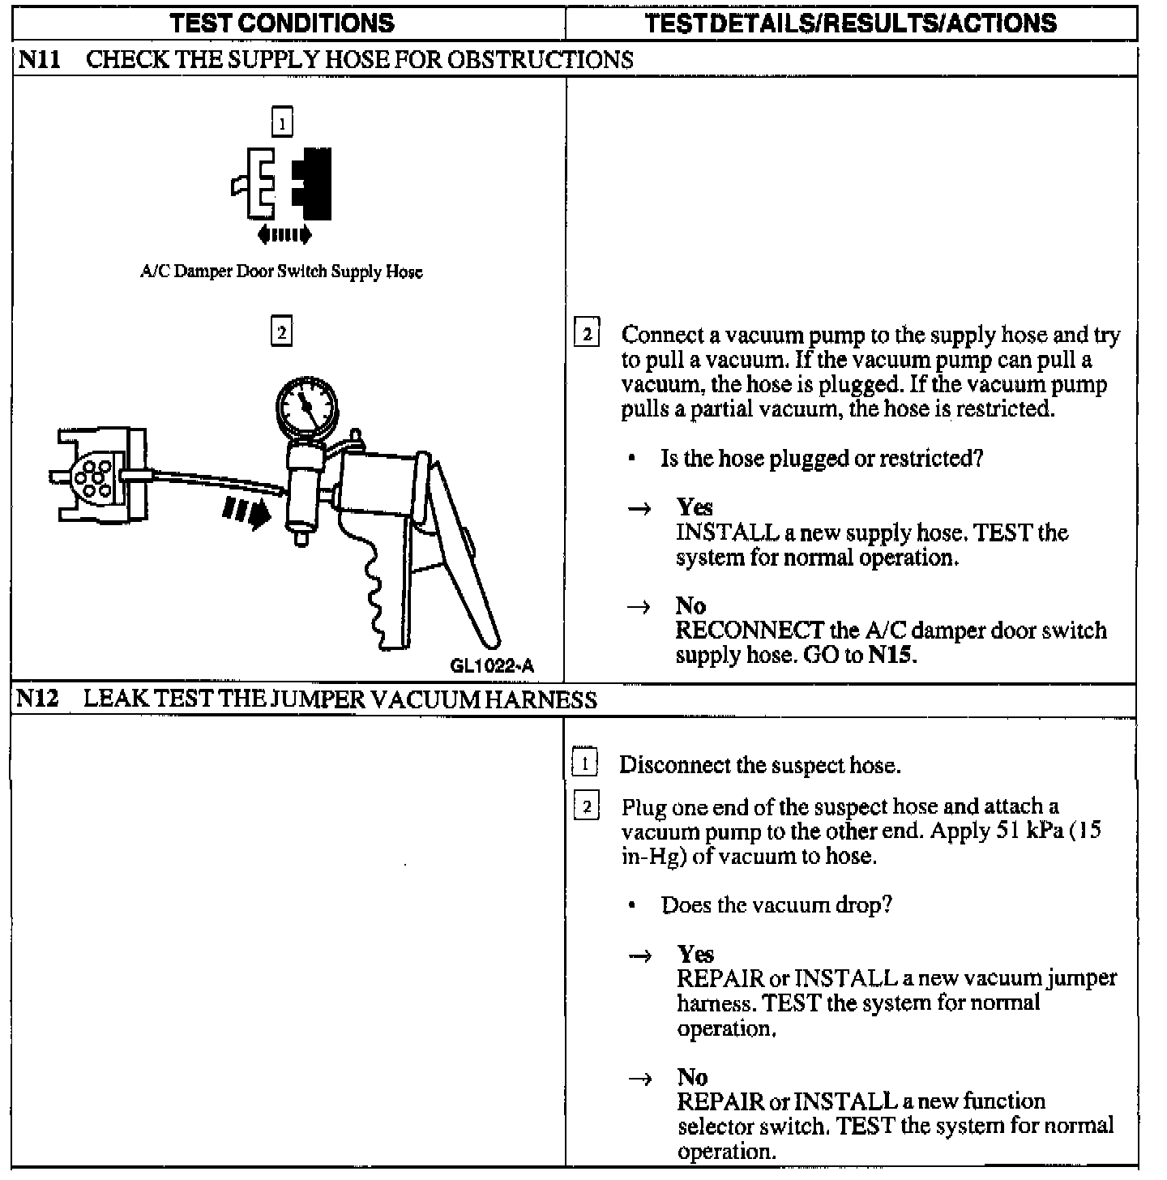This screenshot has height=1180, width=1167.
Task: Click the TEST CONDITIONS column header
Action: [x=282, y=23]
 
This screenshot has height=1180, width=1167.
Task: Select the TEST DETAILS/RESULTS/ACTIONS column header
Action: [x=851, y=23]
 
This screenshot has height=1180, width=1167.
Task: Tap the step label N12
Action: [x=38, y=699]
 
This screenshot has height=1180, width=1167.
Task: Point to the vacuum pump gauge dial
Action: [x=306, y=405]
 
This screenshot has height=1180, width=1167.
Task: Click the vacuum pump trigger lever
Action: [x=462, y=559]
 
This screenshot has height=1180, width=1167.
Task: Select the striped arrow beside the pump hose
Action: [x=246, y=511]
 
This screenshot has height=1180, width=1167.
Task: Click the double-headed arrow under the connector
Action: [x=284, y=235]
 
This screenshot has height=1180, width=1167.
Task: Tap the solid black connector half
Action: [x=314, y=184]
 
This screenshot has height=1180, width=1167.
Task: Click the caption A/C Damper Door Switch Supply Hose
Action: [x=281, y=271]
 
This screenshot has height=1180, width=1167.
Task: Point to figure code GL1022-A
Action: [x=492, y=666]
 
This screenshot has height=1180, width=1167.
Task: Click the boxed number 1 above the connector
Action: [x=281, y=122]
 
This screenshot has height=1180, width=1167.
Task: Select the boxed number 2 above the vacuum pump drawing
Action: [x=281, y=332]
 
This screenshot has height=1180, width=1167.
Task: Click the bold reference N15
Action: [x=891, y=655]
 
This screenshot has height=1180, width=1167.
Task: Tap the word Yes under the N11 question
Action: [x=695, y=507]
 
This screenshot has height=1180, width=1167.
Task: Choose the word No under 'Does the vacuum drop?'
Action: [x=692, y=1076]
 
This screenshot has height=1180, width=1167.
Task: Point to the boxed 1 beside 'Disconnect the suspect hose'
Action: [x=585, y=763]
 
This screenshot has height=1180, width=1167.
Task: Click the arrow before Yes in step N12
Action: [x=640, y=956]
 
